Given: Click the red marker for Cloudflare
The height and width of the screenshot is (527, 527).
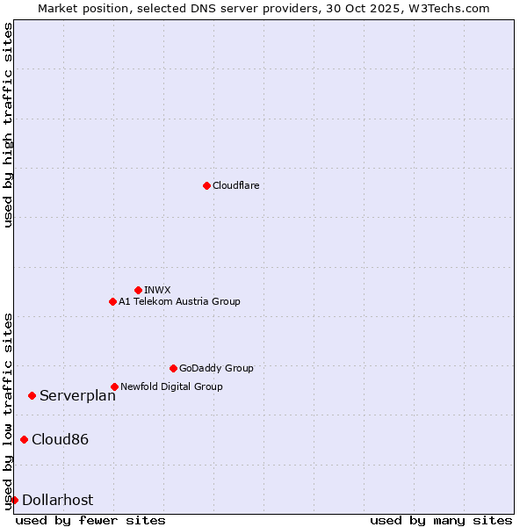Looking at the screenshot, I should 206,185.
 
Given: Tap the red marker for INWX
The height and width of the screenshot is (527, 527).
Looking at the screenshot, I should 138,290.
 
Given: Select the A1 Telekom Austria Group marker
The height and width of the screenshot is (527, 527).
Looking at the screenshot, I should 112,301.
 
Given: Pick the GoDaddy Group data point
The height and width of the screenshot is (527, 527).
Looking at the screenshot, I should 173,368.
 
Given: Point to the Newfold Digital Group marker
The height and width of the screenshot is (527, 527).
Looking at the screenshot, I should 114,386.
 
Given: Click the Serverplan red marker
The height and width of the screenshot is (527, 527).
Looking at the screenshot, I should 32,395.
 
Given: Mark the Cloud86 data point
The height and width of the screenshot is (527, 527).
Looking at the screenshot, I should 24,439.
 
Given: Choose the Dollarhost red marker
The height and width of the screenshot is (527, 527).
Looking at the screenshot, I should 14,500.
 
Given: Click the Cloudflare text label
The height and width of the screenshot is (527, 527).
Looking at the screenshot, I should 235,185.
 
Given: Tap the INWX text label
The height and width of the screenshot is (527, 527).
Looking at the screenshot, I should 157,290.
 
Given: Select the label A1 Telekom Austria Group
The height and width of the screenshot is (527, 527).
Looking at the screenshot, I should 179,301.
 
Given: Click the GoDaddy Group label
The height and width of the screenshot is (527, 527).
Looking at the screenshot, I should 216,368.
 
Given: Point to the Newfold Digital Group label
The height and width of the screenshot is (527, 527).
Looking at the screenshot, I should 171,386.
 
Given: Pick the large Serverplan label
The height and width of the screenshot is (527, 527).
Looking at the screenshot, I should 77,395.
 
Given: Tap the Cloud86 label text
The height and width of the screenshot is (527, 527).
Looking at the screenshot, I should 60,439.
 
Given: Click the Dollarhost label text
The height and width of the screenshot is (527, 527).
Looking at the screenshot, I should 57,500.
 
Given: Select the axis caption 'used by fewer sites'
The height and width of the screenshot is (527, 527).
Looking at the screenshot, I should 90,520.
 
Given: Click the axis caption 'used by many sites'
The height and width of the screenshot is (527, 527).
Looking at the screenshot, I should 441,520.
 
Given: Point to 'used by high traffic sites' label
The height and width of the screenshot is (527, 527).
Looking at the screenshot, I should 8,125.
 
